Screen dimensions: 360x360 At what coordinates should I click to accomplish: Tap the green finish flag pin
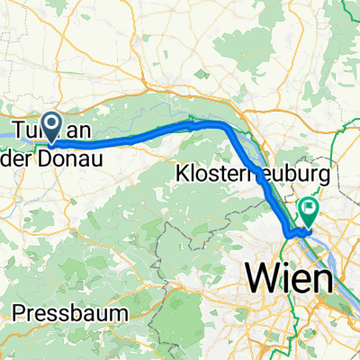pyautogui.click(x=309, y=188)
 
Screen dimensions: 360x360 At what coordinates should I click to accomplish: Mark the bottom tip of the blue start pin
pyautogui.click(x=52, y=143)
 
